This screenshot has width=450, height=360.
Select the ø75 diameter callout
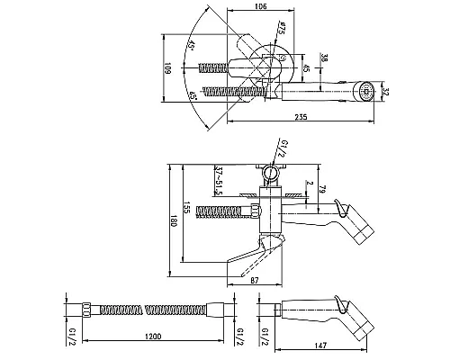tap(281, 28)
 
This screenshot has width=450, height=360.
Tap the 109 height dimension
tap(167, 68)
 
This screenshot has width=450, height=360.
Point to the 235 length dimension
tap(301, 117)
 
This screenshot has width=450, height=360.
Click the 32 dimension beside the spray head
tap(386, 92)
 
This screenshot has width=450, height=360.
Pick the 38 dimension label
tap(324, 58)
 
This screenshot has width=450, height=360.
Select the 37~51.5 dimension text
tap(219, 180)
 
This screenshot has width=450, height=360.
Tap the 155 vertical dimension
tap(187, 207)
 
